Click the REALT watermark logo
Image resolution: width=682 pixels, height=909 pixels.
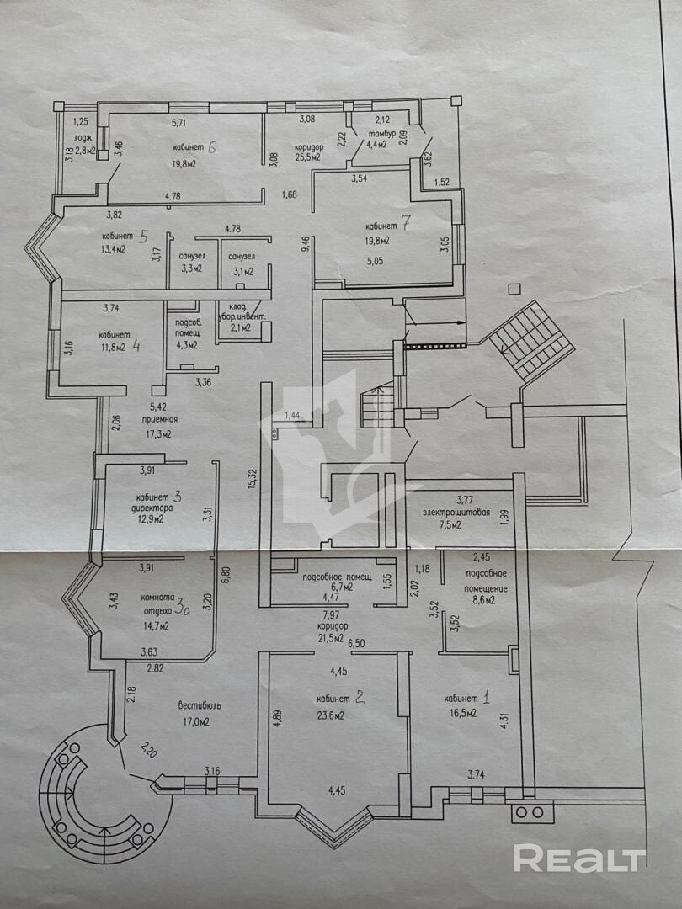tap(579, 858)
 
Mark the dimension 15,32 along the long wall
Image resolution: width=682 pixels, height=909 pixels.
tap(252, 478)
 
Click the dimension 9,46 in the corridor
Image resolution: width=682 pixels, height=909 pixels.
tap(305, 245)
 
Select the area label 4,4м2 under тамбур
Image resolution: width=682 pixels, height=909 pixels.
tap(375, 145)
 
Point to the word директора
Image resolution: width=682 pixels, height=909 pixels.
tap(153, 509)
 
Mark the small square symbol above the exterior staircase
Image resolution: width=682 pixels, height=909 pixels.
tap(514, 290)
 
